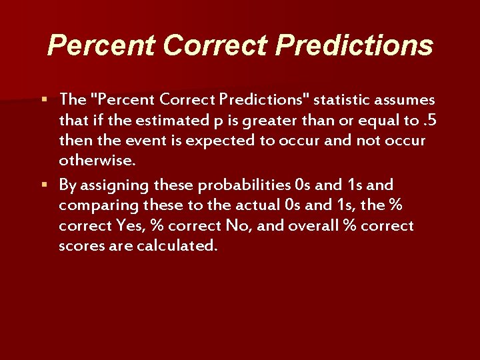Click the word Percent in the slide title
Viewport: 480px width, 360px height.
coord(101,45)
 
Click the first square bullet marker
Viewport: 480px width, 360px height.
coord(44,100)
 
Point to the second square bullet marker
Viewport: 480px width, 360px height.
coord(44,184)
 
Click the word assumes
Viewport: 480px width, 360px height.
coord(405,100)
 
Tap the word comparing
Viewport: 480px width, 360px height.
coord(93,205)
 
